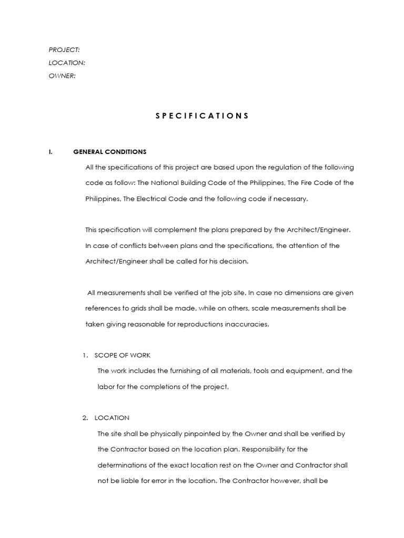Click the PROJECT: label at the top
click(64, 49)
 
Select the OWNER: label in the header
click(63, 76)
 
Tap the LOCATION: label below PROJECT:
click(67, 63)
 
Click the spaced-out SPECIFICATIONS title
click(202, 116)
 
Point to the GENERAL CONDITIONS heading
click(110, 152)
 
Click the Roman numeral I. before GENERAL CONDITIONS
click(50, 152)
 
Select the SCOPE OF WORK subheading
click(123, 355)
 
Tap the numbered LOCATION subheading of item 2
click(112, 418)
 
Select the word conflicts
click(127, 245)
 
